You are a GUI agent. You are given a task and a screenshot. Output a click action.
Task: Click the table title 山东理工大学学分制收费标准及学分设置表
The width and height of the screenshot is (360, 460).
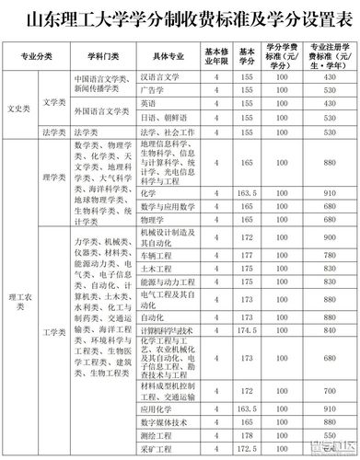tap(180, 17)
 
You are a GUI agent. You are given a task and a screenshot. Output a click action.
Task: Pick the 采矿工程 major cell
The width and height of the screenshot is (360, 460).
tap(157, 448)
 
